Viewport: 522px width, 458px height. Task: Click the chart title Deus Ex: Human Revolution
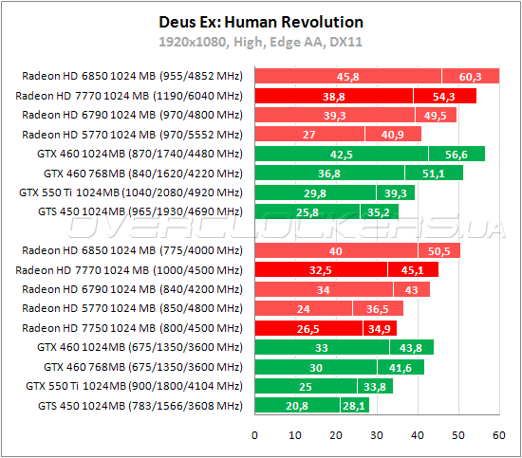coord(261,22)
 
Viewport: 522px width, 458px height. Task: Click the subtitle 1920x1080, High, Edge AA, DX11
coord(261,43)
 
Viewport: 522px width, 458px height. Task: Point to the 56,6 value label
coord(457,154)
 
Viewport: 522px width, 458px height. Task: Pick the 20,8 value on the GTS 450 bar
coord(296,406)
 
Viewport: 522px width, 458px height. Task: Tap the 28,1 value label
coord(353,406)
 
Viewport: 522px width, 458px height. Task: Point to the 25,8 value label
coord(307,211)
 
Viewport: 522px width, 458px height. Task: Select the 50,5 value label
coord(444,250)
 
